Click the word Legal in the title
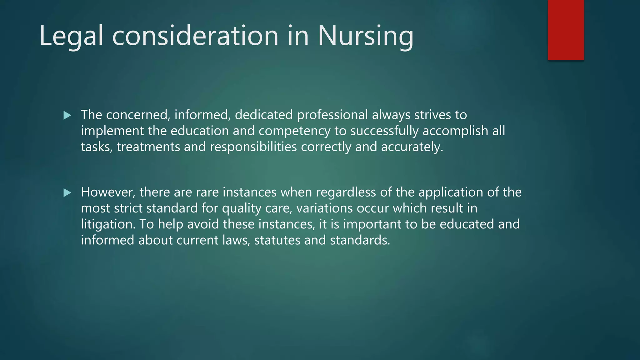pyautogui.click(x=71, y=36)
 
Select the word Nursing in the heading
pyautogui.click(x=365, y=36)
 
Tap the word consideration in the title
pyautogui.click(x=195, y=36)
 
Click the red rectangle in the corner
pyautogui.click(x=566, y=30)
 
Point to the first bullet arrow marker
pyautogui.click(x=67, y=116)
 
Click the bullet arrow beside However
pyautogui.click(x=67, y=193)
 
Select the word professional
pyautogui.click(x=332, y=115)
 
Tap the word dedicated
pyautogui.click(x=263, y=115)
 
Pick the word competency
pyautogui.click(x=294, y=131)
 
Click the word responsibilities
pyautogui.click(x=253, y=147)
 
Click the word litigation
pyautogui.click(x=108, y=224)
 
